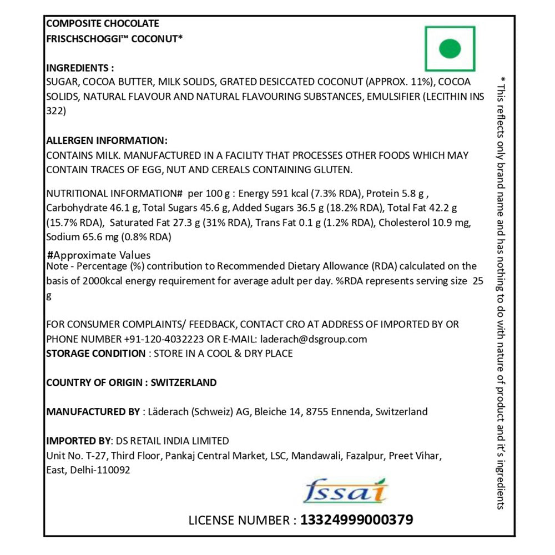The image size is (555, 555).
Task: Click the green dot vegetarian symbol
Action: click(x=450, y=49)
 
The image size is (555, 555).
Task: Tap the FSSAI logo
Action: click(x=346, y=490)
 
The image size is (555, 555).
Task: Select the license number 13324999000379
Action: click(x=356, y=520)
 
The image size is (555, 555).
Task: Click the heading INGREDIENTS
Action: click(x=80, y=68)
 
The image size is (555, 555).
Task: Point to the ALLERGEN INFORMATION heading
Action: click(x=107, y=141)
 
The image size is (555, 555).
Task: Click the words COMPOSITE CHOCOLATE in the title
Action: click(x=103, y=23)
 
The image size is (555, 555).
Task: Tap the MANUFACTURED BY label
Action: click(x=93, y=412)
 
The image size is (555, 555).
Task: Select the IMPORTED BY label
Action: click(x=78, y=441)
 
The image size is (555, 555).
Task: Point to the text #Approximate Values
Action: click(x=99, y=255)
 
